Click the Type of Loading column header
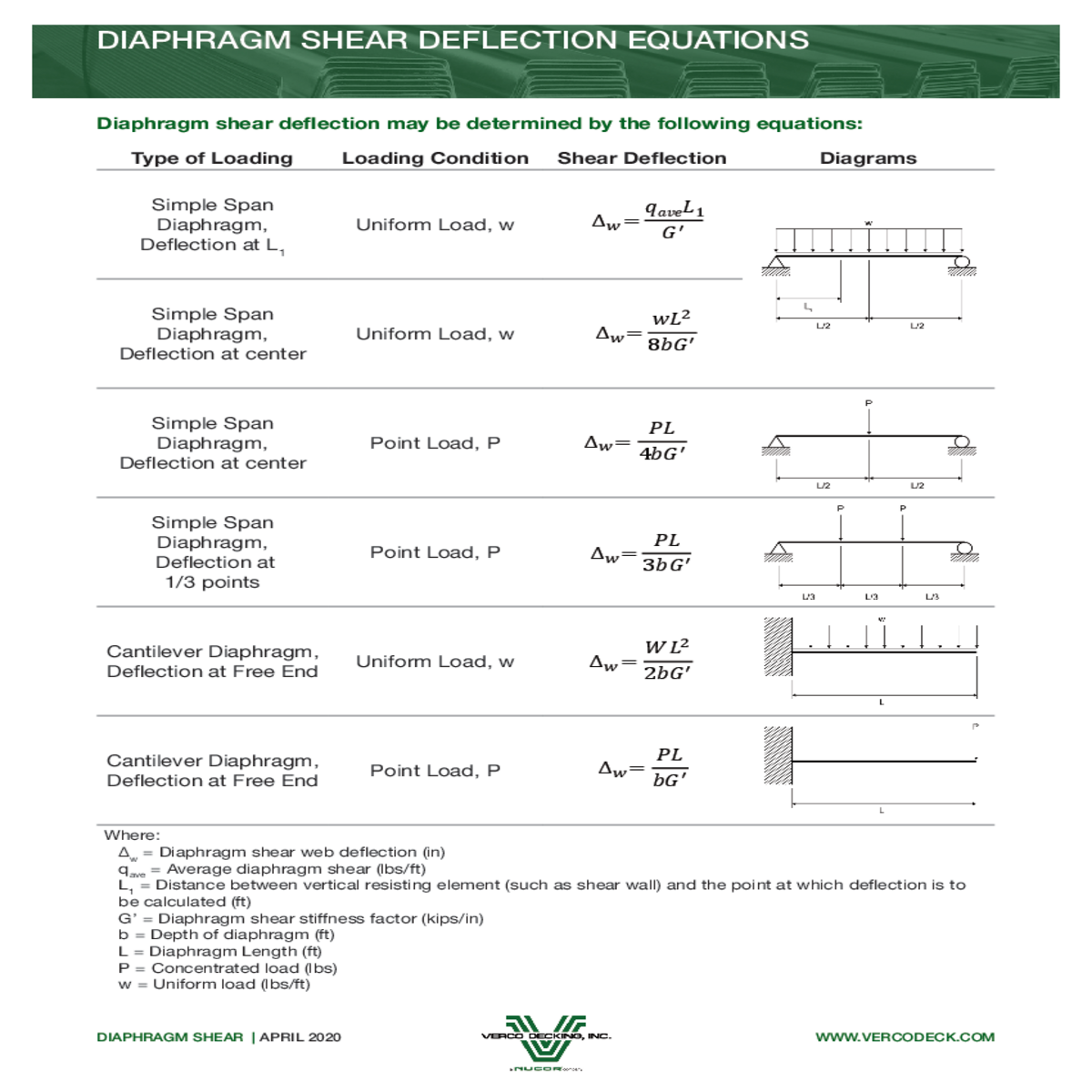212,158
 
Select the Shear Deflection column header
642,158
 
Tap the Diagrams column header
868,158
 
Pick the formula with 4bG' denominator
637,441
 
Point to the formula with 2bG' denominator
641,661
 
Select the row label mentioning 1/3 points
213,552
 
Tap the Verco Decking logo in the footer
546,1040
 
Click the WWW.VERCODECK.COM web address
905,1037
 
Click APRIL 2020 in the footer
300,1037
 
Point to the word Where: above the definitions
132,835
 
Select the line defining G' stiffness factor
301,919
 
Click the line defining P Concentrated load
227,968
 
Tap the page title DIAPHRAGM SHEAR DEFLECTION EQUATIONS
453,41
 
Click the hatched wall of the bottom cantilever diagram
778,755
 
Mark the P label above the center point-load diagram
869,403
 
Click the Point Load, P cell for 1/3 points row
435,552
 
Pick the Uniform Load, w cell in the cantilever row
435,662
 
